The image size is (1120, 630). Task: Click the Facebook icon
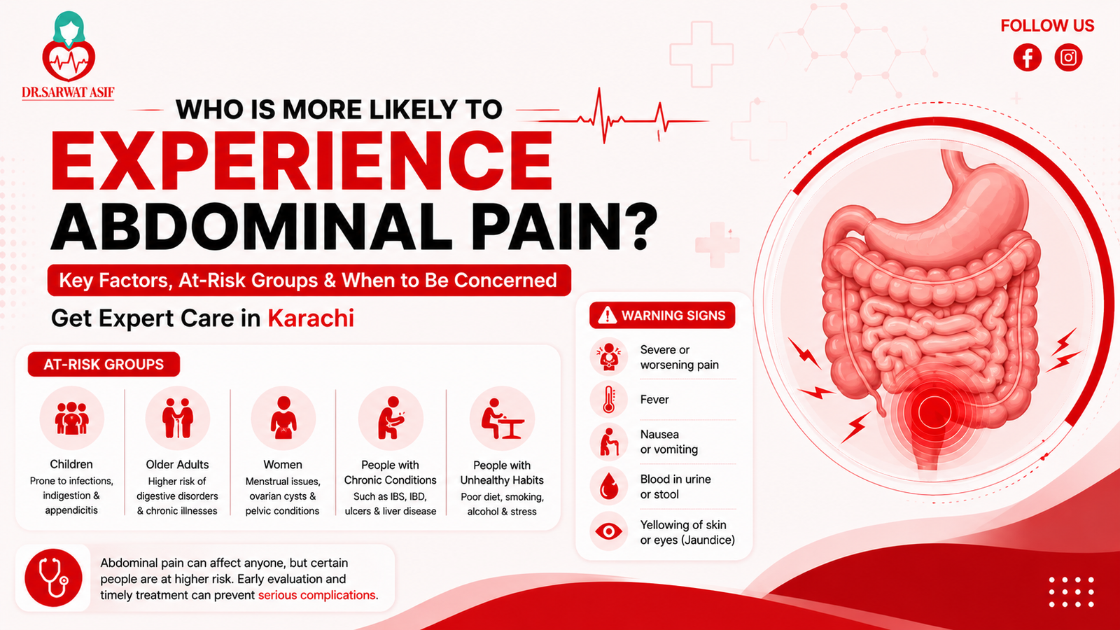coord(1028,57)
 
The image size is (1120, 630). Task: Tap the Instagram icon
coord(1068,57)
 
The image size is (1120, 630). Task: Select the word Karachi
coord(311,318)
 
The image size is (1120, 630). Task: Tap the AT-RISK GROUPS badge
coord(104,364)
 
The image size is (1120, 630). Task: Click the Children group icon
coord(71,418)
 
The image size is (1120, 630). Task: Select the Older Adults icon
coord(178,418)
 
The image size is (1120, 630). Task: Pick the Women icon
coord(283,418)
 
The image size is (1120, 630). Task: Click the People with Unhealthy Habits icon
coord(502,419)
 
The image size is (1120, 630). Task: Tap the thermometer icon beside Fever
coord(608,400)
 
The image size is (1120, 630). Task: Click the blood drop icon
coord(608,486)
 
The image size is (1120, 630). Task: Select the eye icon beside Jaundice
coord(608,531)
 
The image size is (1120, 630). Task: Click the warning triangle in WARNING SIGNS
coord(608,316)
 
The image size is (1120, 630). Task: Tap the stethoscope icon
coord(53,578)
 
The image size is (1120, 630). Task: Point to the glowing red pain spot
coord(933,412)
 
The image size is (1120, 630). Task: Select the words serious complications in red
coord(316,595)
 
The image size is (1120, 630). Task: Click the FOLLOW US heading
coord(1047,25)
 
